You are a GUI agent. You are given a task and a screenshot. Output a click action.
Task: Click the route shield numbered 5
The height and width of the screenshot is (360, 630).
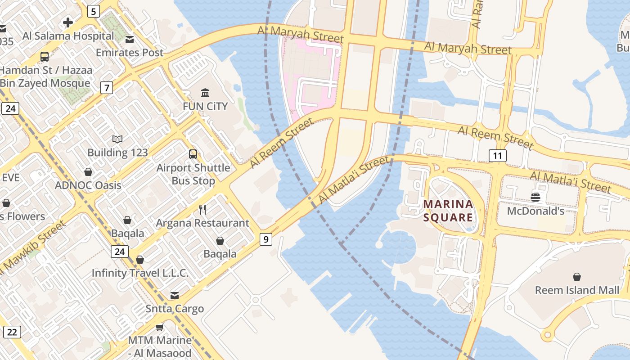click(x=93, y=11)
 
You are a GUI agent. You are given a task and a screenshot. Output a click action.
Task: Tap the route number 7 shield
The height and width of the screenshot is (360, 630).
click(x=106, y=87)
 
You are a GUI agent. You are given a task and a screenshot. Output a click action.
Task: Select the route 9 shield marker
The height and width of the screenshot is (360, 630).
click(x=266, y=239)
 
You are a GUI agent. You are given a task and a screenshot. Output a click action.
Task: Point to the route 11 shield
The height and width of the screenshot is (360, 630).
click(x=497, y=156)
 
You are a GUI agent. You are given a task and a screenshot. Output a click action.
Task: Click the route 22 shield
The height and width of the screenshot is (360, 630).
click(x=12, y=332)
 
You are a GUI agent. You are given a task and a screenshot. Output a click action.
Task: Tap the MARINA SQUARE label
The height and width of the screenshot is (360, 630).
click(x=448, y=211)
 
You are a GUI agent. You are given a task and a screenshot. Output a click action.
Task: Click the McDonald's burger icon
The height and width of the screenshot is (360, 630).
click(x=535, y=197)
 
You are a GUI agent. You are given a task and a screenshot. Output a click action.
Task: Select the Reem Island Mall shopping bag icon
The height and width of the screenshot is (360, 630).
click(x=576, y=276)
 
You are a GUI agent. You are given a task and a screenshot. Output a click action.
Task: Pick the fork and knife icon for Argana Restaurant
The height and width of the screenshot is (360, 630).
click(x=202, y=209)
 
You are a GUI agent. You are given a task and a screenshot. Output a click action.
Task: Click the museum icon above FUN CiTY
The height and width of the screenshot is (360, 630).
click(x=205, y=93)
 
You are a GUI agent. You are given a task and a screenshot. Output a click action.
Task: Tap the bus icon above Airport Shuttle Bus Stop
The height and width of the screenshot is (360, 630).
click(x=193, y=154)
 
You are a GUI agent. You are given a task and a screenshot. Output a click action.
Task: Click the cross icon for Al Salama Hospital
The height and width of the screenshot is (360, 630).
click(x=68, y=22)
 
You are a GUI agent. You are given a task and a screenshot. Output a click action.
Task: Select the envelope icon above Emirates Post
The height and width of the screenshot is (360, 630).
click(x=130, y=40)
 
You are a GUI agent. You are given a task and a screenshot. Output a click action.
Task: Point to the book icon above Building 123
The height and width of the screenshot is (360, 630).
click(x=117, y=139)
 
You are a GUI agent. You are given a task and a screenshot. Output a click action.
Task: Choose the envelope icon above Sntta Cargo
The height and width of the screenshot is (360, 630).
click(x=174, y=296)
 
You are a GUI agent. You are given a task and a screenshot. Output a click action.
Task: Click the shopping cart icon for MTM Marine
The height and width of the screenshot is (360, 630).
click(x=159, y=327)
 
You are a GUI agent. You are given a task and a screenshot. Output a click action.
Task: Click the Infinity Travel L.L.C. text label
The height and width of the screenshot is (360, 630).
click(x=140, y=273)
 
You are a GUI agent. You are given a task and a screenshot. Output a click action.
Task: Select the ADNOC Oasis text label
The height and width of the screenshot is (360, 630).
click(x=88, y=185)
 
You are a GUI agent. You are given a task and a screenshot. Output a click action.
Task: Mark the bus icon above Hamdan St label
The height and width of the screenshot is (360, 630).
click(x=45, y=57)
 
